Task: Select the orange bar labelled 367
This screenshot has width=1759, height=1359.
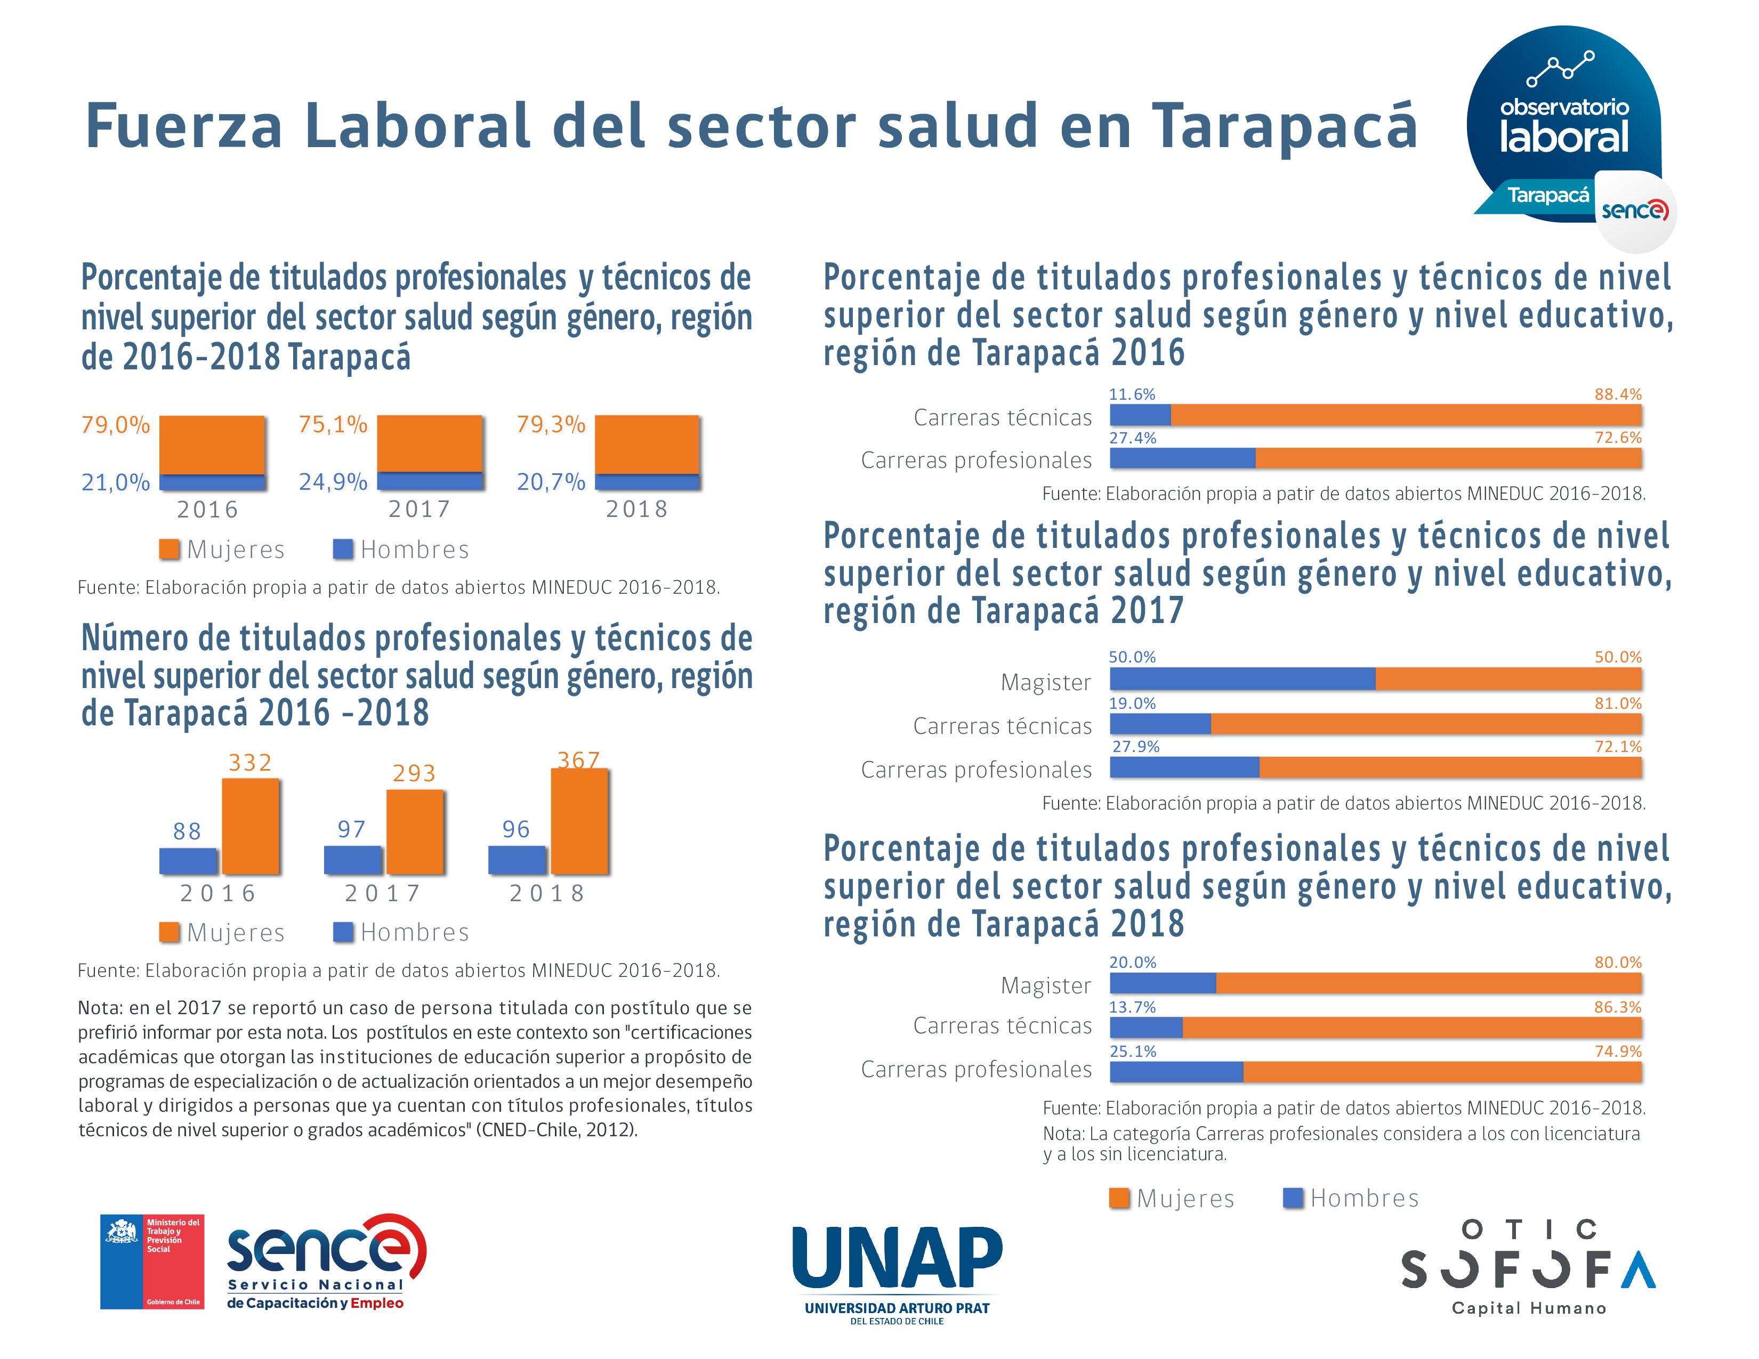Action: pyautogui.click(x=579, y=821)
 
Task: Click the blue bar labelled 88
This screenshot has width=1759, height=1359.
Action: pyautogui.click(x=188, y=861)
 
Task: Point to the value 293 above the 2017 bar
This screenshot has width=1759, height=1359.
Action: pyautogui.click(x=414, y=773)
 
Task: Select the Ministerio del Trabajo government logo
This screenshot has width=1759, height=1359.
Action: pyautogui.click(x=151, y=1261)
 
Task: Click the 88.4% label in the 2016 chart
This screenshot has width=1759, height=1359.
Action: pyautogui.click(x=1617, y=394)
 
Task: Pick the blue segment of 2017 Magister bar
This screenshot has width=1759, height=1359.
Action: pyautogui.click(x=1242, y=678)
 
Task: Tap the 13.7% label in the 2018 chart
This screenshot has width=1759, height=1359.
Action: pyautogui.click(x=1132, y=1007)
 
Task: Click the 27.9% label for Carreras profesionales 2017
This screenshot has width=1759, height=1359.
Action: pyautogui.click(x=1135, y=746)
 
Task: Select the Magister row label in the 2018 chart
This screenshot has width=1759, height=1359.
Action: pyautogui.click(x=1045, y=985)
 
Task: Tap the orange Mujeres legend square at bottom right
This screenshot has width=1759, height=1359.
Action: pyautogui.click(x=1119, y=1198)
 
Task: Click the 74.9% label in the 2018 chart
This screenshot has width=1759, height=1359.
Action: pyautogui.click(x=1617, y=1051)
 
